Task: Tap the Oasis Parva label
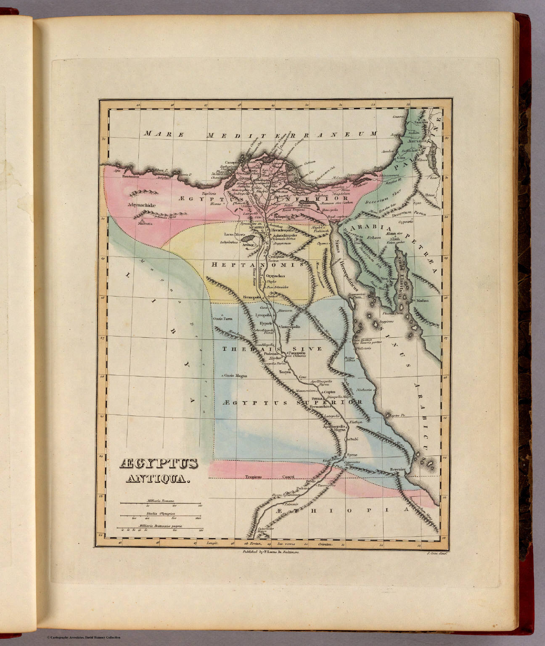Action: point(225,319)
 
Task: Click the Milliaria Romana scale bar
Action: point(161,503)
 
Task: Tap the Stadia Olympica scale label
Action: point(161,514)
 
